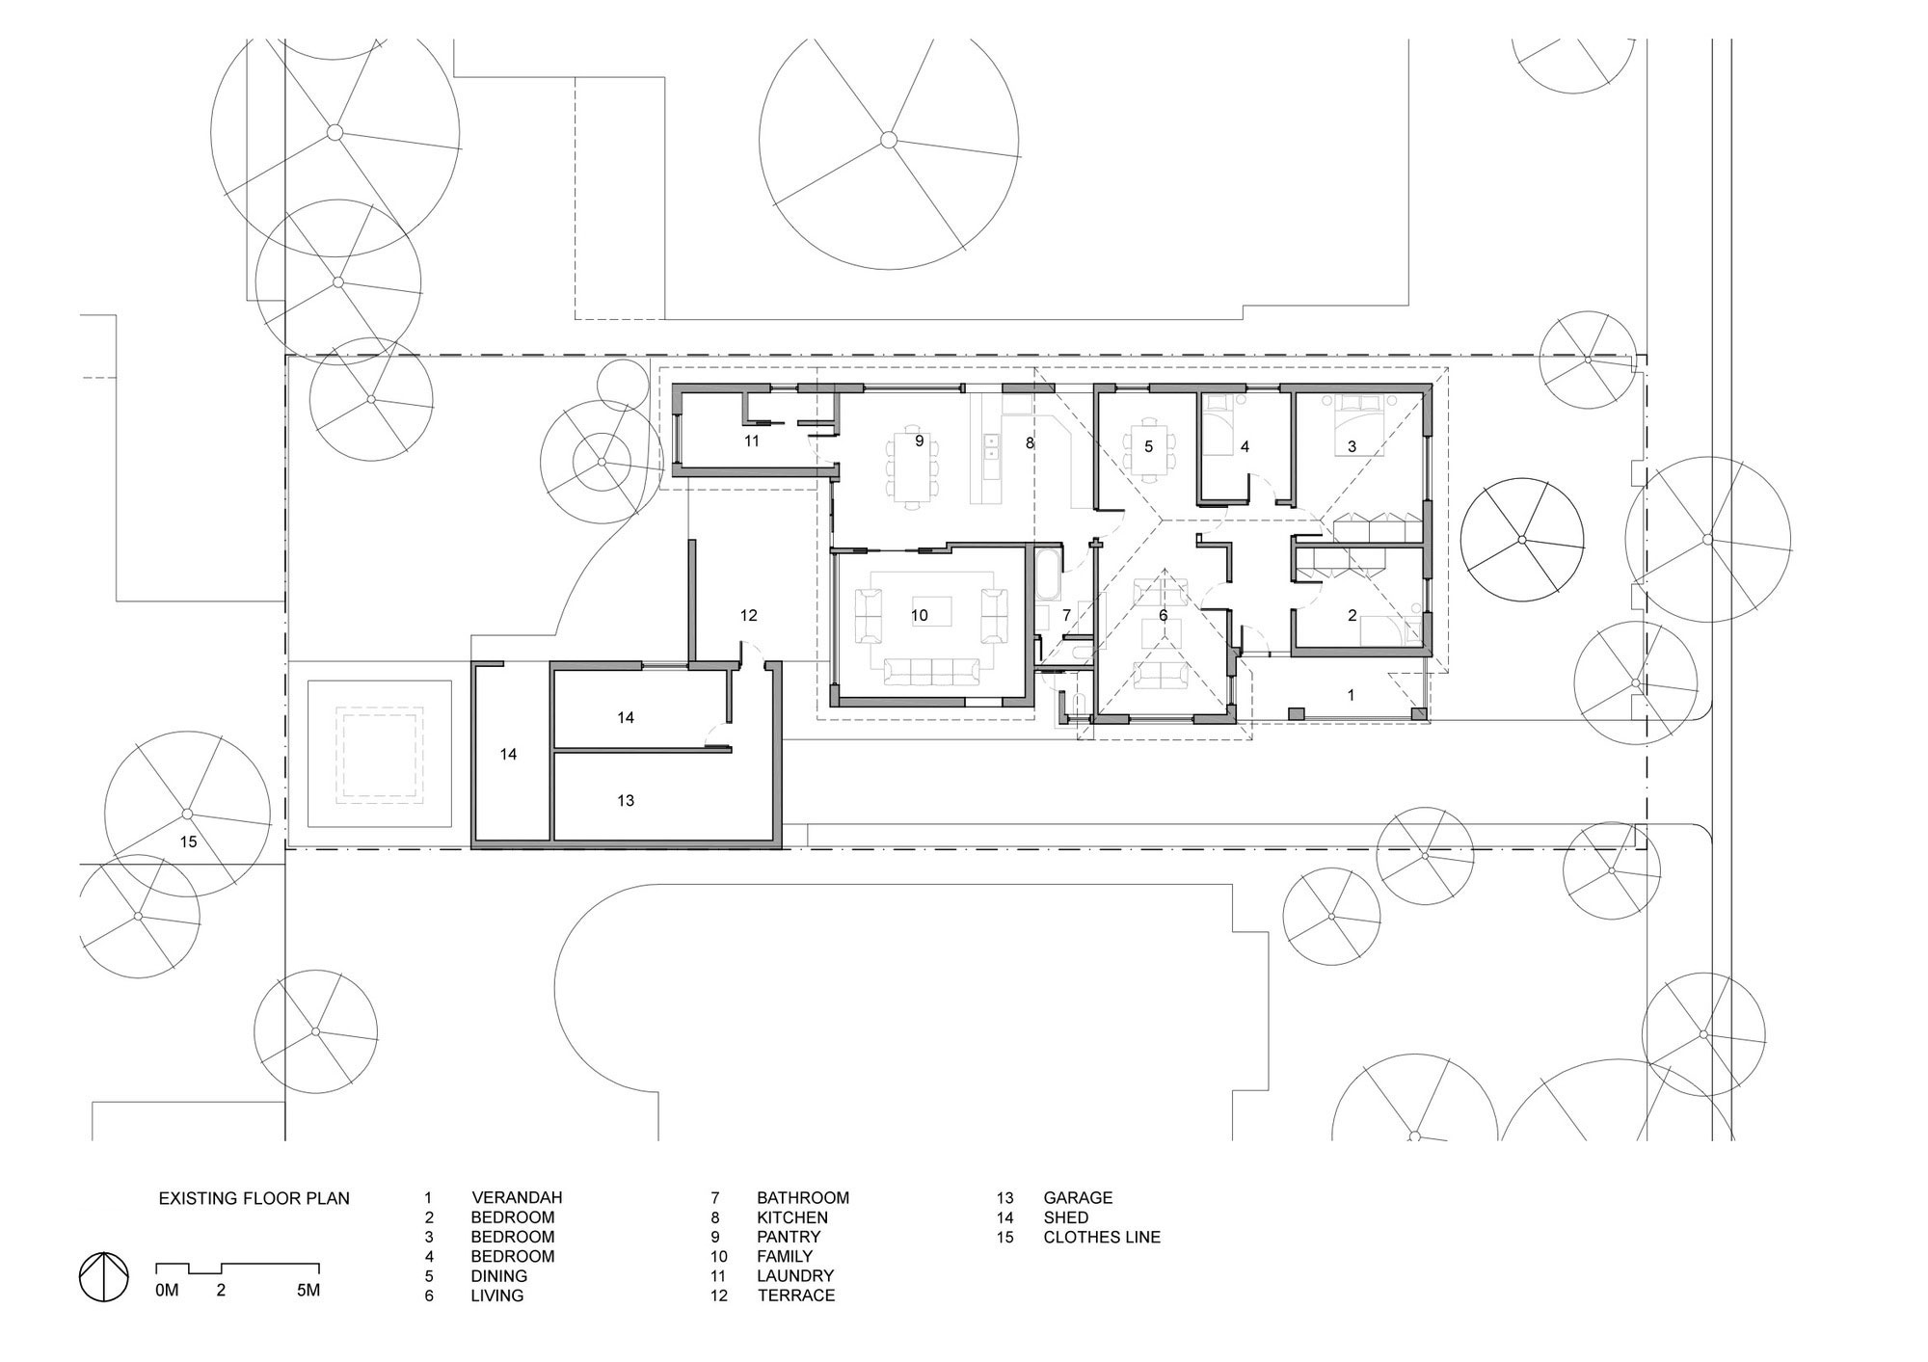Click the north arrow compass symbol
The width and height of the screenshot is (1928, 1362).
click(x=103, y=1276)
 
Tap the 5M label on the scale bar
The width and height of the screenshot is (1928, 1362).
click(x=308, y=1290)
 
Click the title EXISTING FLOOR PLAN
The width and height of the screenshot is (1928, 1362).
click(x=254, y=1198)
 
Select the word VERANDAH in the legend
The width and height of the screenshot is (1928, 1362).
click(x=517, y=1197)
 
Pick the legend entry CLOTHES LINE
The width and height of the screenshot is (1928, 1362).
click(x=1102, y=1237)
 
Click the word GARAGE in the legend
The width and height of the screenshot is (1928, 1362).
click(x=1078, y=1197)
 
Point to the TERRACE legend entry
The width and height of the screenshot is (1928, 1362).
click(x=796, y=1295)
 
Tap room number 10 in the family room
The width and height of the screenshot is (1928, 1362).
click(x=919, y=615)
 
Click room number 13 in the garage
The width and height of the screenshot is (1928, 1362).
click(x=626, y=800)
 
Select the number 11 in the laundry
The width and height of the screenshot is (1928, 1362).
click(x=752, y=441)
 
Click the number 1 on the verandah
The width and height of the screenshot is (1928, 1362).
click(x=1351, y=694)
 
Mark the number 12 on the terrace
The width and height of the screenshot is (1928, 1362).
click(x=748, y=615)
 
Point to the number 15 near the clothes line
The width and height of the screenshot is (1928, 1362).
click(x=188, y=841)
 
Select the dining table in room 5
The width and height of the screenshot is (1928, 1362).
click(x=1148, y=446)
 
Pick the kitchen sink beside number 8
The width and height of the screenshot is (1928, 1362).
click(x=990, y=445)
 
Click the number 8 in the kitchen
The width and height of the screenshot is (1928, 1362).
click(x=1030, y=443)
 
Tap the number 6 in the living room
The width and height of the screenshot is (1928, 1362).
click(x=1163, y=615)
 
